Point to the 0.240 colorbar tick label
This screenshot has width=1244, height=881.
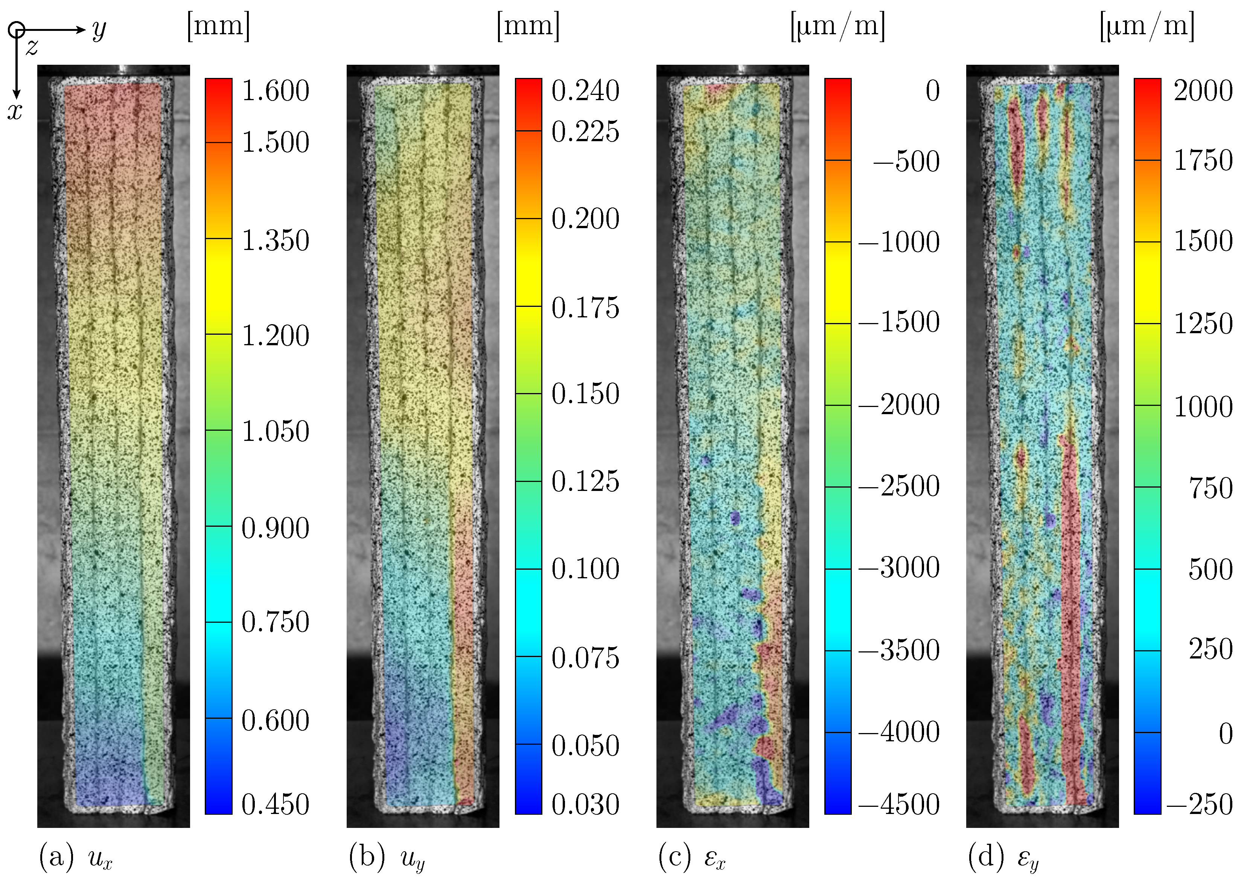point(585,91)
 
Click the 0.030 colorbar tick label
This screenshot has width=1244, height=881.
point(585,804)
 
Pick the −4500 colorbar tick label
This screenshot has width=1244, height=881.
point(899,804)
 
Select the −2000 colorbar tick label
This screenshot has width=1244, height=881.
point(899,405)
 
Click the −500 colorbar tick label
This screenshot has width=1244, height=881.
point(906,161)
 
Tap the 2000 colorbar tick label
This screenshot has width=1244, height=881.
point(1203,91)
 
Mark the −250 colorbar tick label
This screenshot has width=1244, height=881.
point(1200,804)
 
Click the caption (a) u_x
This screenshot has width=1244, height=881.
point(75,858)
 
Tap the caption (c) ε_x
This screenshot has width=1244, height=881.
point(692,858)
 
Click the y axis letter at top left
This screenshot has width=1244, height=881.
point(99,30)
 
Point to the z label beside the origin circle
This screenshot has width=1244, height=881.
point(32,48)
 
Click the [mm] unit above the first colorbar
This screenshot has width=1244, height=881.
point(219,26)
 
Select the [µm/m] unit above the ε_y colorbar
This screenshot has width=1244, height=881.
point(1147,26)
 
